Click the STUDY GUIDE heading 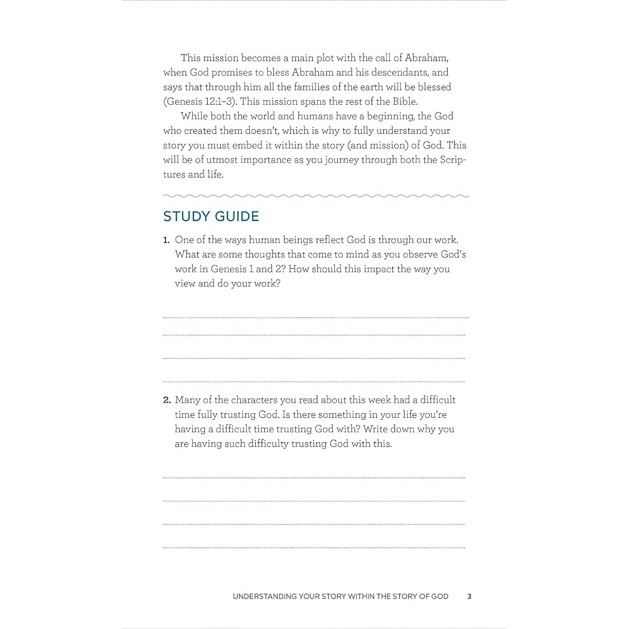[211, 216]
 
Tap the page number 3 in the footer [469, 596]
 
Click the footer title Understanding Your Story [340, 596]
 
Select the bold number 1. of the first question [166, 240]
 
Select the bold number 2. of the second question [167, 400]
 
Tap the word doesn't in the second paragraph [262, 130]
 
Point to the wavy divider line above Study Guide [315, 196]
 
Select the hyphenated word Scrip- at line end [453, 160]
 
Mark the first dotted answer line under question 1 [315, 318]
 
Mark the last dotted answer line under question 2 [314, 547]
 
